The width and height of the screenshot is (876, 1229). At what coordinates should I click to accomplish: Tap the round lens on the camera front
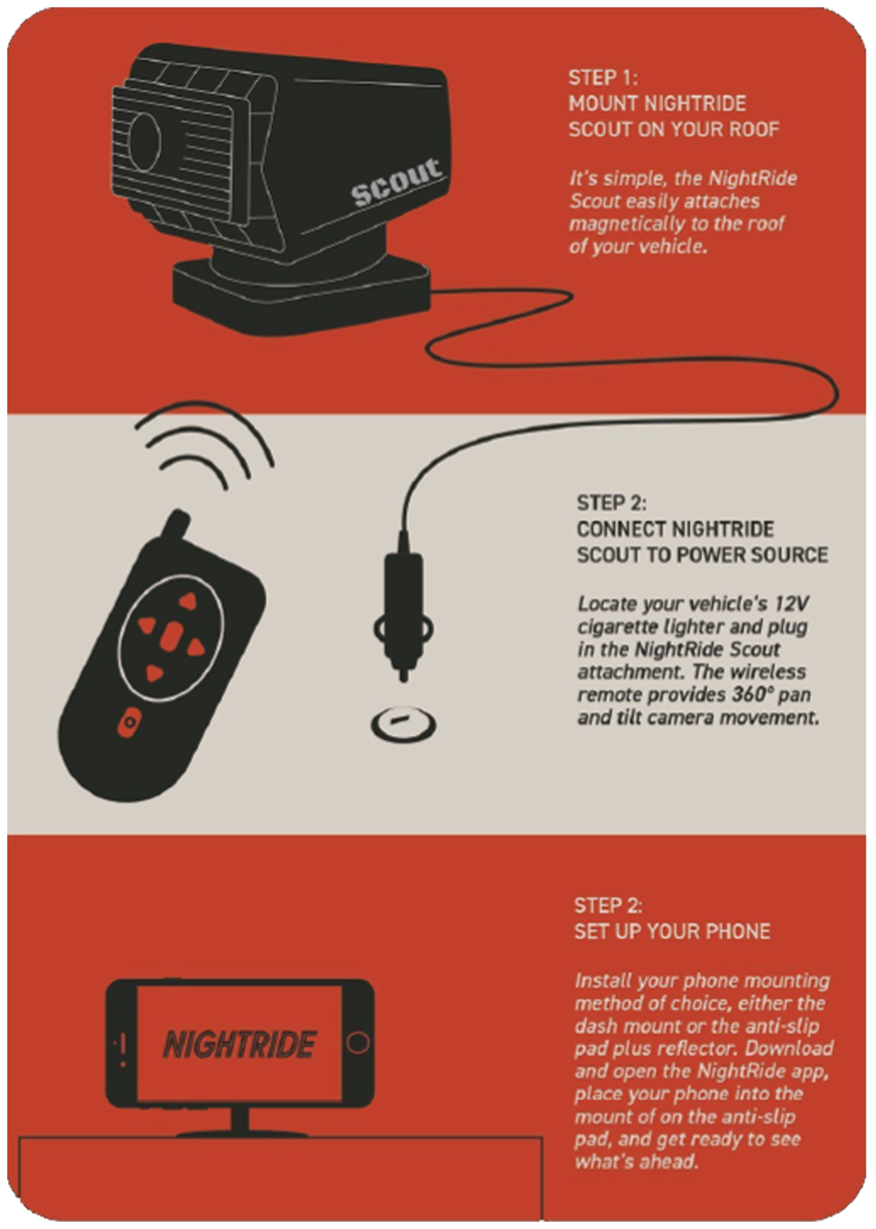pos(144,141)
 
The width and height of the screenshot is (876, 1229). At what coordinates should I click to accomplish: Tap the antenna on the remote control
pos(176,525)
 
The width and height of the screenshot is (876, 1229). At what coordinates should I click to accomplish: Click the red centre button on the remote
pos(172,637)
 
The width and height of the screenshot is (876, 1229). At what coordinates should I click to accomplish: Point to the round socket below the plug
pos(403,724)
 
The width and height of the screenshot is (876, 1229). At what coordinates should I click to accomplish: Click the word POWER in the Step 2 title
pos(709,555)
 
